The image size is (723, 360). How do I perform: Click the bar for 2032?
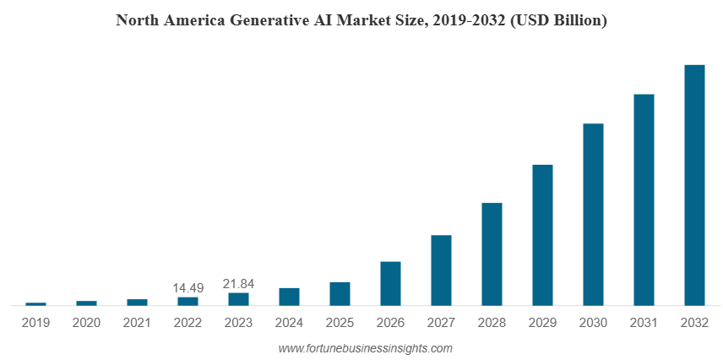(694, 185)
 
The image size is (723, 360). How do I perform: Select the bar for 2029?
(542, 235)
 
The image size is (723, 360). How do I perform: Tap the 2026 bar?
(390, 283)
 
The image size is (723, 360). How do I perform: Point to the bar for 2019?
(36, 304)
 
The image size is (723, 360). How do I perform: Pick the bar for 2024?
(289, 297)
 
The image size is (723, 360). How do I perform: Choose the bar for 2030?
(593, 215)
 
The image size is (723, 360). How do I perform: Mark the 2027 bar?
(441, 270)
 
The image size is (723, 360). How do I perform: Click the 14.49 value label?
(188, 288)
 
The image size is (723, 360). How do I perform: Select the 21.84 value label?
(238, 284)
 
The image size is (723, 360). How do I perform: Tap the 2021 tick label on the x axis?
(137, 323)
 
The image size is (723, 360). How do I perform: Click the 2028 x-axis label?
(492, 323)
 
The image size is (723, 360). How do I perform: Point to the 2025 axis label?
(340, 323)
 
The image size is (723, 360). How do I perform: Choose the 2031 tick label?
(644, 323)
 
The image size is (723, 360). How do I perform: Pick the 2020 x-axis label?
(86, 323)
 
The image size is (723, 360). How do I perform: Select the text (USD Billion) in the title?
(558, 21)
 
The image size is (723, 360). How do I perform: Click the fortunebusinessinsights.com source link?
(365, 348)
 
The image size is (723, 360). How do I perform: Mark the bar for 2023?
(238, 299)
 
